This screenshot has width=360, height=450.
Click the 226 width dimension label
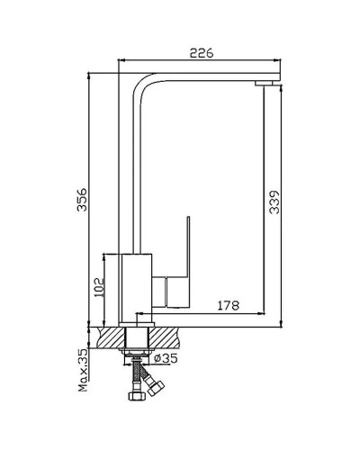click(202, 53)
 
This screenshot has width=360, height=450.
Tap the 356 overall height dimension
click(81, 200)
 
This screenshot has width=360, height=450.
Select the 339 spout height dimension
click(274, 202)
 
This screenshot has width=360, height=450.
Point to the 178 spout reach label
click(229, 305)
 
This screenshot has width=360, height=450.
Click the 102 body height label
click(98, 288)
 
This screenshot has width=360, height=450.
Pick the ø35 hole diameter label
click(166, 357)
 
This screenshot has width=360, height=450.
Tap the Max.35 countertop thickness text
click(84, 371)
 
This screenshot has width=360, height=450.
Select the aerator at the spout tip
click(264, 83)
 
